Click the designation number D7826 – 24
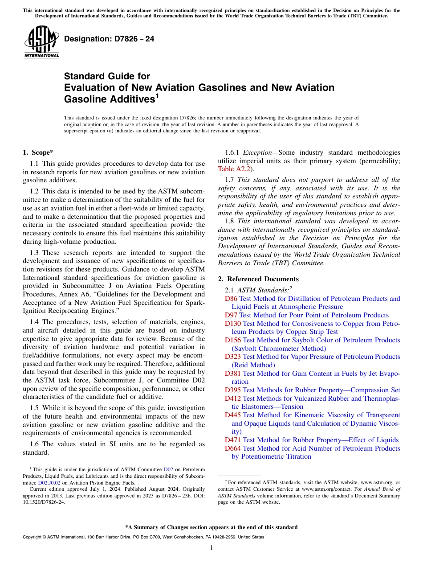click(109, 39)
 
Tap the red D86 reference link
click(231, 299)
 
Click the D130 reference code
click(232, 324)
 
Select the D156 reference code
click(232, 340)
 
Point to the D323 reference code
click(232, 357)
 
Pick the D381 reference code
click(232, 374)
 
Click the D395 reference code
click(232, 390)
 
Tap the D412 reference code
click(232, 398)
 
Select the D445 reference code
click(232, 415)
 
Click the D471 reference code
click(232, 440)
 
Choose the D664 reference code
click(232, 448)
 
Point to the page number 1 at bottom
click(211, 548)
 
